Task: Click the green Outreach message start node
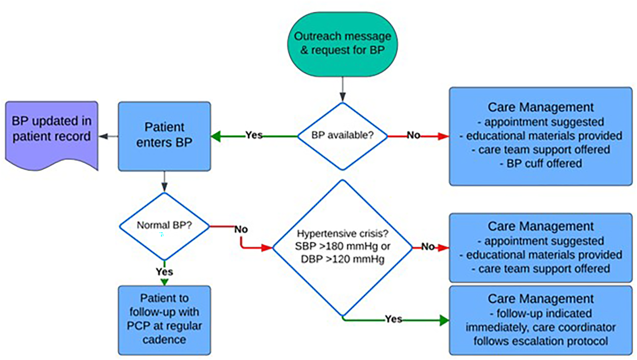pos(342,43)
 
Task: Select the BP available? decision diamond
pos(342,135)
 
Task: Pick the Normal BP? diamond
pos(164,226)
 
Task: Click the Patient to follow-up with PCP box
pos(164,319)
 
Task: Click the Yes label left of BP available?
pos(254,135)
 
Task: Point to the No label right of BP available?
pos(413,135)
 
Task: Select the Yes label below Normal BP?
pos(164,272)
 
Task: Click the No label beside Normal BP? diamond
pos(241,229)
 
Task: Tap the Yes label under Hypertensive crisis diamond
pos(394,319)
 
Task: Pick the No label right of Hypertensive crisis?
pos(428,246)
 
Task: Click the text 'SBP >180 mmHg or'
pos(342,246)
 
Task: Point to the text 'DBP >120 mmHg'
pos(342,259)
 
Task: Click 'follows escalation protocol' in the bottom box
pos(540,341)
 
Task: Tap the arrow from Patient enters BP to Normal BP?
pos(164,182)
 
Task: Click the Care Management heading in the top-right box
pos(540,107)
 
